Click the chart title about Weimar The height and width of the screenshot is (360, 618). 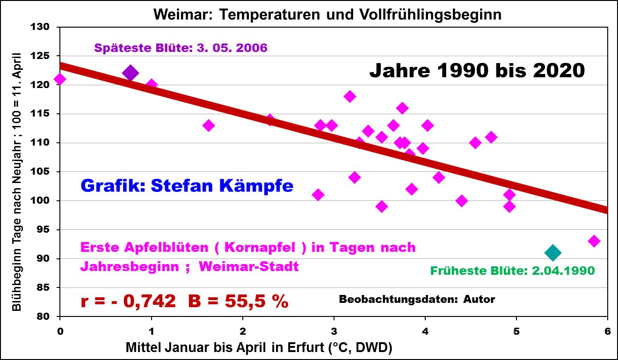pos(327,15)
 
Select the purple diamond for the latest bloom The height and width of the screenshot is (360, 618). pos(130,73)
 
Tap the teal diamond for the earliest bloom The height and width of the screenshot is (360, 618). pos(553,253)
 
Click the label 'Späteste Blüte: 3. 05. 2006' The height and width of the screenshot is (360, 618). pos(181,48)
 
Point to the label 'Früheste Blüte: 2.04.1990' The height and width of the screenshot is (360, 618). pos(512,271)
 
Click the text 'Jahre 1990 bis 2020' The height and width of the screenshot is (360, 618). pos(477,71)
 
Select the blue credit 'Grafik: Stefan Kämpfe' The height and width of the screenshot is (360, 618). pos(187,186)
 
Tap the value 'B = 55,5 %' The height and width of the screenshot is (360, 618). pos(238,301)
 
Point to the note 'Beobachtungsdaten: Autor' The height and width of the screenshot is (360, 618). pos(417,299)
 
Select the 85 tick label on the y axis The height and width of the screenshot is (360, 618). pos(45,287)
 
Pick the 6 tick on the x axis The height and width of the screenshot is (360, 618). pos(607,331)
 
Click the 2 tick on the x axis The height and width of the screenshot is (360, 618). pos(242,331)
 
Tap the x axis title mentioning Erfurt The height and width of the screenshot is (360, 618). pos(259,347)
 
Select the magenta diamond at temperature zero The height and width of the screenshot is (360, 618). pos(59,79)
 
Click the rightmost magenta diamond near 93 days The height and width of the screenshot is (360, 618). pos(594,241)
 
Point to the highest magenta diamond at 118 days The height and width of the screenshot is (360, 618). pos(349,96)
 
